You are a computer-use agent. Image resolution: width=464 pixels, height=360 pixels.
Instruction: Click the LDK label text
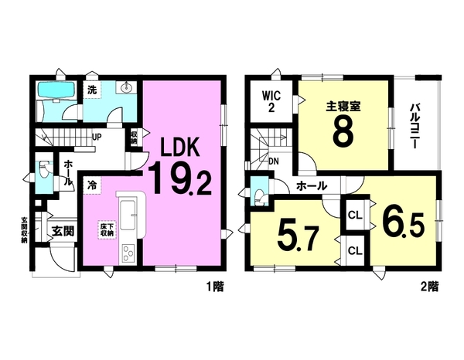click(x=179, y=148)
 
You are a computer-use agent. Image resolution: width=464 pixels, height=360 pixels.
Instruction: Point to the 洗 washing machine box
click(x=92, y=90)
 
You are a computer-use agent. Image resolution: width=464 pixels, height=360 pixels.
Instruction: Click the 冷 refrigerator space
click(x=92, y=185)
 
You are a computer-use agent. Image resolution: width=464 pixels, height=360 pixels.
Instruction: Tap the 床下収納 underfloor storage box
click(x=107, y=230)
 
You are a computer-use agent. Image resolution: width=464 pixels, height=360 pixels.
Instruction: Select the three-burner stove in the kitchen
click(x=128, y=254)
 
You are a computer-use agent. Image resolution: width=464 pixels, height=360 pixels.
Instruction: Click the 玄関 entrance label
click(x=63, y=231)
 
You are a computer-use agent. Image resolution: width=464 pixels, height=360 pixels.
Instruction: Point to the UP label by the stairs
click(x=97, y=138)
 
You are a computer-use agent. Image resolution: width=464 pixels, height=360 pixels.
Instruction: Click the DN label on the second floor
click(x=274, y=161)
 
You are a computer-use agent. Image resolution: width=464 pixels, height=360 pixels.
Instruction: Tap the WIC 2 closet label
click(x=271, y=101)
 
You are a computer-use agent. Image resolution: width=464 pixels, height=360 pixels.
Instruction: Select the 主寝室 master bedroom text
click(x=343, y=107)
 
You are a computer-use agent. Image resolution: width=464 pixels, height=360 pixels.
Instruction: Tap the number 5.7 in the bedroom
click(x=298, y=239)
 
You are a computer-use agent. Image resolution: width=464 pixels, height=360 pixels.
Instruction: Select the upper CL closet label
click(x=355, y=216)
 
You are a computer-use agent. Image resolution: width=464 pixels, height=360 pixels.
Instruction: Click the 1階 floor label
click(x=215, y=287)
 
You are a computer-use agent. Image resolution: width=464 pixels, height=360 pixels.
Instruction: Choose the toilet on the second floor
click(x=260, y=195)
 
